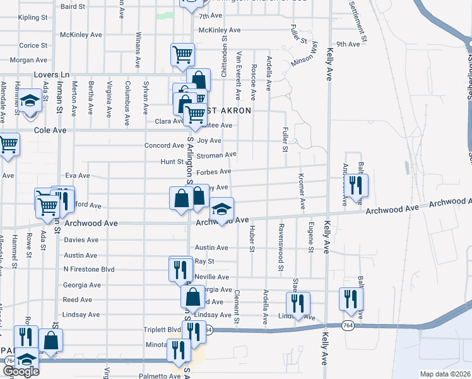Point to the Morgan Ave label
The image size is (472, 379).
(x=29, y=60)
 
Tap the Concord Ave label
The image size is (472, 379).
(x=163, y=145)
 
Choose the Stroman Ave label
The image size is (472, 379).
(x=216, y=154)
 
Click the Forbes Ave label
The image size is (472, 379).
(x=213, y=171)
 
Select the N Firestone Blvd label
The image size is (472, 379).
(x=88, y=270)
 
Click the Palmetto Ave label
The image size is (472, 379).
(x=159, y=376)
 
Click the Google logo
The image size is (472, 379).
(x=21, y=371)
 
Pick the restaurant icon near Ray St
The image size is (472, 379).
(x=180, y=268)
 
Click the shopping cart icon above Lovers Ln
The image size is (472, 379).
(x=182, y=54)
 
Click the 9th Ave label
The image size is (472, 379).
(x=348, y=44)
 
